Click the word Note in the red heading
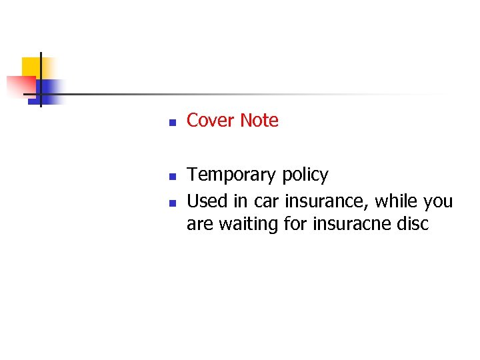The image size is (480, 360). (x=259, y=121)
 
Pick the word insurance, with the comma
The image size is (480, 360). (x=321, y=201)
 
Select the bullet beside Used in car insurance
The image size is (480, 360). (x=171, y=203)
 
